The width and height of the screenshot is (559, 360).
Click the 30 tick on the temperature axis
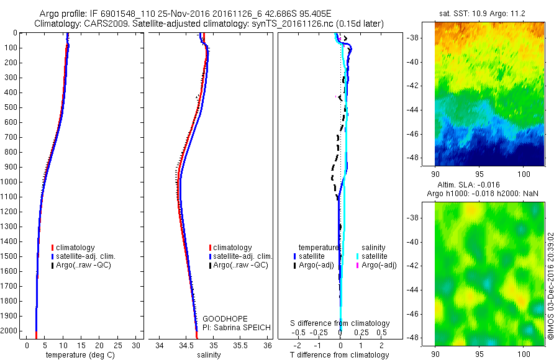136,345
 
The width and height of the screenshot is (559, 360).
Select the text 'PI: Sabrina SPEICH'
237,327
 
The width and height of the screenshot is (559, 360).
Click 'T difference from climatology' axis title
340,355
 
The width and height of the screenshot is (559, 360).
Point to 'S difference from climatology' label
340,323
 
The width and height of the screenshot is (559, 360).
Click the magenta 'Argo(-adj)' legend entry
378,265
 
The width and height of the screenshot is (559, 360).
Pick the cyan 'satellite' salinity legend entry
375,256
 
